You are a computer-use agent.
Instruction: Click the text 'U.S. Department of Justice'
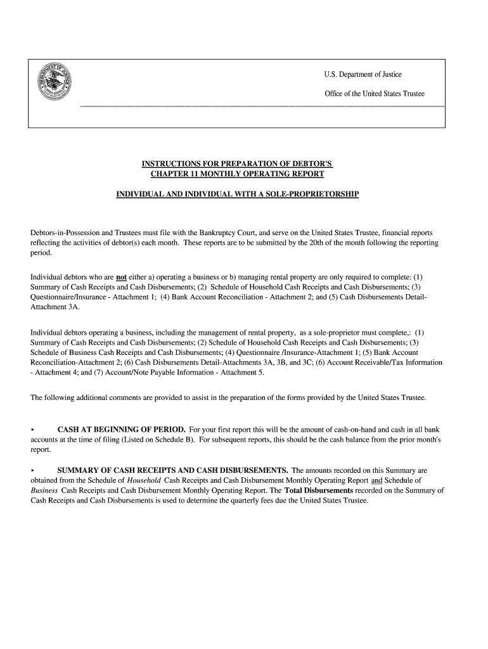[x=363, y=75]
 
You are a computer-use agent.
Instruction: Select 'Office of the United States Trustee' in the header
[x=374, y=94]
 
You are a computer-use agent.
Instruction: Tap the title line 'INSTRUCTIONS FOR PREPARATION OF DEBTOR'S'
[x=237, y=164]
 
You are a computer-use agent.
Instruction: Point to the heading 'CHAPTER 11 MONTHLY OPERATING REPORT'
[x=237, y=174]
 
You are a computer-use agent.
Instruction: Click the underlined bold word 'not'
[x=121, y=277]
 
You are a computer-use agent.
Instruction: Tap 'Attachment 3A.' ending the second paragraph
[x=55, y=306]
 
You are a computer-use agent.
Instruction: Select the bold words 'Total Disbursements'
[x=319, y=490]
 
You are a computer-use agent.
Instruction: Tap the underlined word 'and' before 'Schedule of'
[x=376, y=480]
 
